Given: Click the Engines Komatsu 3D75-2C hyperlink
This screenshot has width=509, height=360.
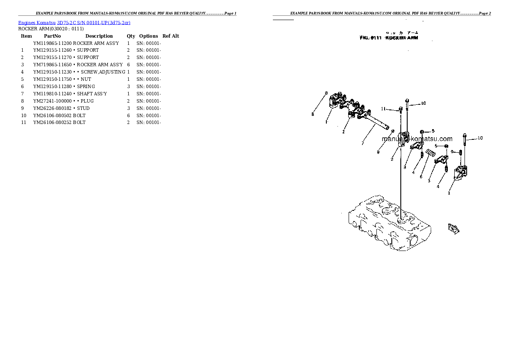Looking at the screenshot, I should pyautogui.click(x=74, y=22).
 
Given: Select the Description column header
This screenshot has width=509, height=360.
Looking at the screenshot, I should pyautogui.click(x=99, y=36).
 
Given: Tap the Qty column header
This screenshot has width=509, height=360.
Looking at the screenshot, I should pyautogui.click(x=130, y=36).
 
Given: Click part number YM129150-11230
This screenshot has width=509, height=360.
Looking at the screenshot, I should pyautogui.click(x=53, y=72).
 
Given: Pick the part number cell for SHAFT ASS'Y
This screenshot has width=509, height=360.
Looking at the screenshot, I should pyautogui.click(x=53, y=94).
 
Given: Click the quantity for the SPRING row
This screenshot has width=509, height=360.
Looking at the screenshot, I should pyautogui.click(x=129, y=86).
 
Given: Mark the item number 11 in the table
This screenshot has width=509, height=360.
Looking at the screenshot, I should pyautogui.click(x=24, y=122).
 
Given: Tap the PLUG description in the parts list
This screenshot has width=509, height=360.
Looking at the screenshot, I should pyautogui.click(x=86, y=101).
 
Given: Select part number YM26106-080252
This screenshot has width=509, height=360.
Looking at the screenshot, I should pyautogui.click(x=53, y=122).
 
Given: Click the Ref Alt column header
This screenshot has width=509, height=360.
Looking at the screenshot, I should pyautogui.click(x=171, y=36).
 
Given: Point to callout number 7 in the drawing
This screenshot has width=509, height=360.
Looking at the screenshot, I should pyautogui.click(x=362, y=144).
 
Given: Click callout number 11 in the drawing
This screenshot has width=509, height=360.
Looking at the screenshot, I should pyautogui.click(x=384, y=109).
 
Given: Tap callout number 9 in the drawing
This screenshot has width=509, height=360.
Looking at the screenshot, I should pyautogui.click(x=452, y=152).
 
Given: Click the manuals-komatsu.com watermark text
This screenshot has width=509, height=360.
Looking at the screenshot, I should pyautogui.click(x=417, y=139).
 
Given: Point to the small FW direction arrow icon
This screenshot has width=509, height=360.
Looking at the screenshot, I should pyautogui.click(x=454, y=228).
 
